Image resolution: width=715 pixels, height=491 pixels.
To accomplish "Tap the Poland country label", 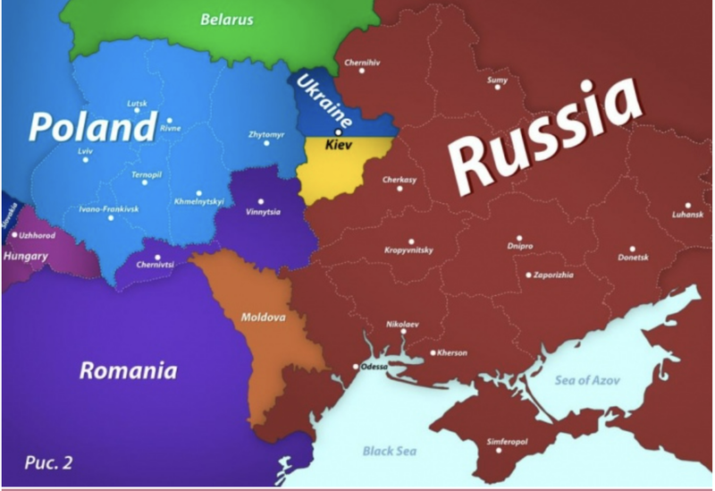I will pos(92,128).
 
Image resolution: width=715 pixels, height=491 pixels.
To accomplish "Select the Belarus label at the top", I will pos(226,19).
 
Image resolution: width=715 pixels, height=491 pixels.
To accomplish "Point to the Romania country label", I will pos(128,370).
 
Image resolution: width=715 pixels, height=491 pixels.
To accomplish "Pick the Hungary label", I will pos(26,256).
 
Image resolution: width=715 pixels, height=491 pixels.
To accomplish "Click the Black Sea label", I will pos(390,451).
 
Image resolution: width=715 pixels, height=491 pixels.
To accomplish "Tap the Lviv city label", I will pos(86,152).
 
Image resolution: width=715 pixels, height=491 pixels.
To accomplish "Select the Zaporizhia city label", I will pos(553,275).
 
